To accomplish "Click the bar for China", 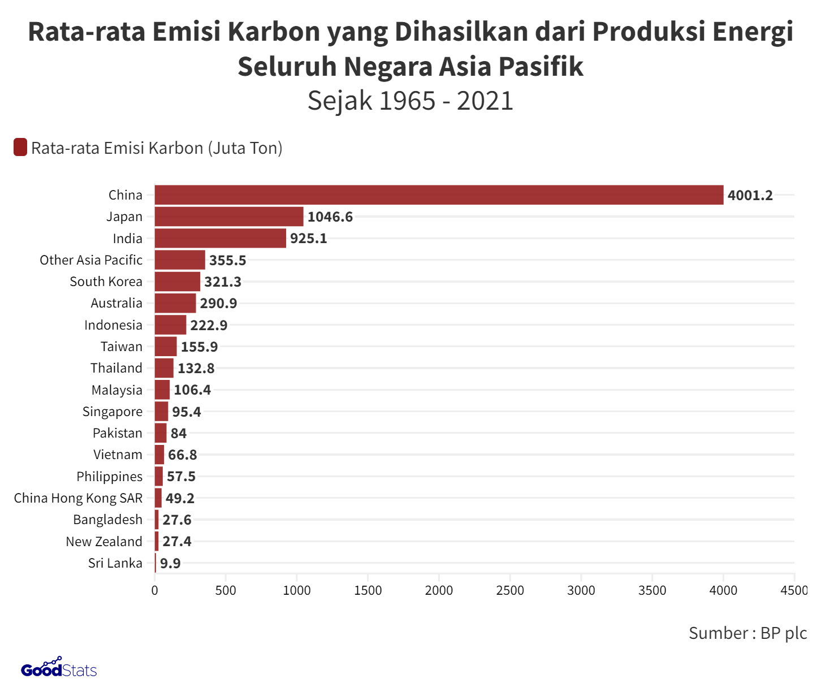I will pos(439,195).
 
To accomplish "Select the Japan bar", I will pos(229,217).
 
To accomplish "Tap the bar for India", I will pos(221,239).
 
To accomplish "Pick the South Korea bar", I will pos(178,282).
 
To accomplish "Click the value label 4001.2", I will pos(750,196).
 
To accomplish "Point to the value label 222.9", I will pos(209,325).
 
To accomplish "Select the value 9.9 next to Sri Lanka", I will pos(170,563).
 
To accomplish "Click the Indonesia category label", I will pos(113,325).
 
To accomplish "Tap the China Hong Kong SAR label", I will pos(78,498).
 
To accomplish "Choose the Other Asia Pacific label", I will pos(91,260).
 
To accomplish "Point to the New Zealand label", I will pos(104,542).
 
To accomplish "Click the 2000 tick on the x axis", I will pos(439,590).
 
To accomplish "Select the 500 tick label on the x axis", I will pos(226,590).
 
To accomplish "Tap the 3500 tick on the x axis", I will pos(652,590).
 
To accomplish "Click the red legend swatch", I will pos(20,148).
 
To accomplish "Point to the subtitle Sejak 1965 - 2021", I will pos(410,101).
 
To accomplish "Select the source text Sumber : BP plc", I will pos(747,633).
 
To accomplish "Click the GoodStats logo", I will pos(59,669).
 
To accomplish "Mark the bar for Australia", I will pos(175,303).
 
